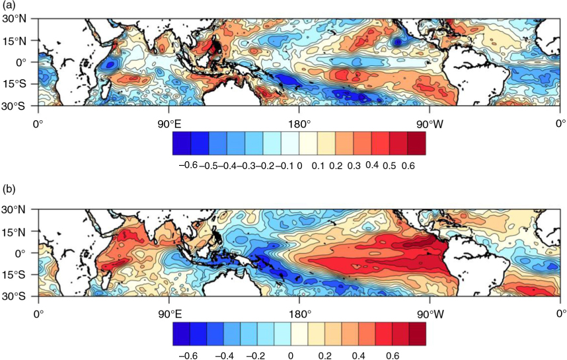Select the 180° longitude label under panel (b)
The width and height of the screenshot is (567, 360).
pos(299,315)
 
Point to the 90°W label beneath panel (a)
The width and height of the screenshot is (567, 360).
pos(430,124)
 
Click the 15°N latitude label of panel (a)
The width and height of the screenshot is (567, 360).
pos(15,41)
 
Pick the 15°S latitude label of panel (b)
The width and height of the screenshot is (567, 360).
pos(15,275)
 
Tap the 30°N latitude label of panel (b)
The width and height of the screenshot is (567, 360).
pos(15,209)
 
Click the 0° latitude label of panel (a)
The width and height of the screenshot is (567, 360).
pos(21,62)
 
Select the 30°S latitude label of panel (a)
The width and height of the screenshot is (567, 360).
pos(15,106)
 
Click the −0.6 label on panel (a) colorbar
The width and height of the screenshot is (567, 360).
pos(188,165)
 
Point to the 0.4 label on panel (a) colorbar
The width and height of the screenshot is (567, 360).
pos(372,165)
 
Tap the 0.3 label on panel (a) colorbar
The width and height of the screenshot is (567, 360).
pos(354,166)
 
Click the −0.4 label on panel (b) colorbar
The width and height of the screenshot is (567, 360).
pos(224,356)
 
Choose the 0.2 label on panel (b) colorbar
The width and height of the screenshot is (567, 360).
pos(324,356)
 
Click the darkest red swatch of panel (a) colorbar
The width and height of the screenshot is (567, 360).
pos(416,143)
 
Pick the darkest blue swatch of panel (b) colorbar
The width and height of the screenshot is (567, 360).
pos(181,334)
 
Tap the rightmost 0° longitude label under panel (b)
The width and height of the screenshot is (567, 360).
pos(560,315)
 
